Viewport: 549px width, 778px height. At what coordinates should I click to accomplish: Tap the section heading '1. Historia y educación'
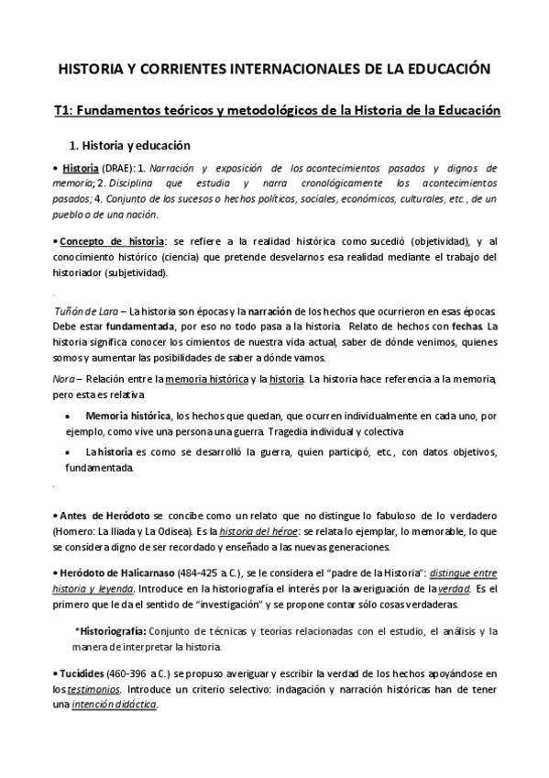click(x=130, y=144)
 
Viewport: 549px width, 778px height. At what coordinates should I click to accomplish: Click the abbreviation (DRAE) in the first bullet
click(x=117, y=169)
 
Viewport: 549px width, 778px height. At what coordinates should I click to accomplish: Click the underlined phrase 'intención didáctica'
click(x=119, y=705)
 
